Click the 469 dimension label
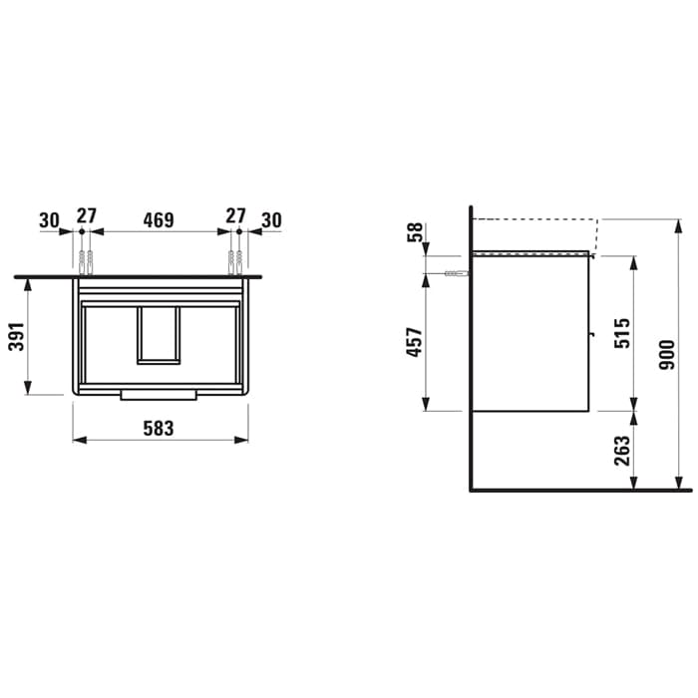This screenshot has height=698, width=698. (158, 220)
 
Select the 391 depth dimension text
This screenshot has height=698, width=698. (17, 336)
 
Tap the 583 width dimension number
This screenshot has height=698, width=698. (158, 428)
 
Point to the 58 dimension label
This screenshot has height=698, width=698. (415, 232)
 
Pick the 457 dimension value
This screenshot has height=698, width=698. (414, 342)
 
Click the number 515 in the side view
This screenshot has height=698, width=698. (622, 333)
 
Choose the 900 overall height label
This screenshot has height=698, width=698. (667, 355)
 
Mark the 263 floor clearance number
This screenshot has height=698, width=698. (622, 451)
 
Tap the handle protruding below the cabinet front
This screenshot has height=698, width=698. (159, 396)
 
